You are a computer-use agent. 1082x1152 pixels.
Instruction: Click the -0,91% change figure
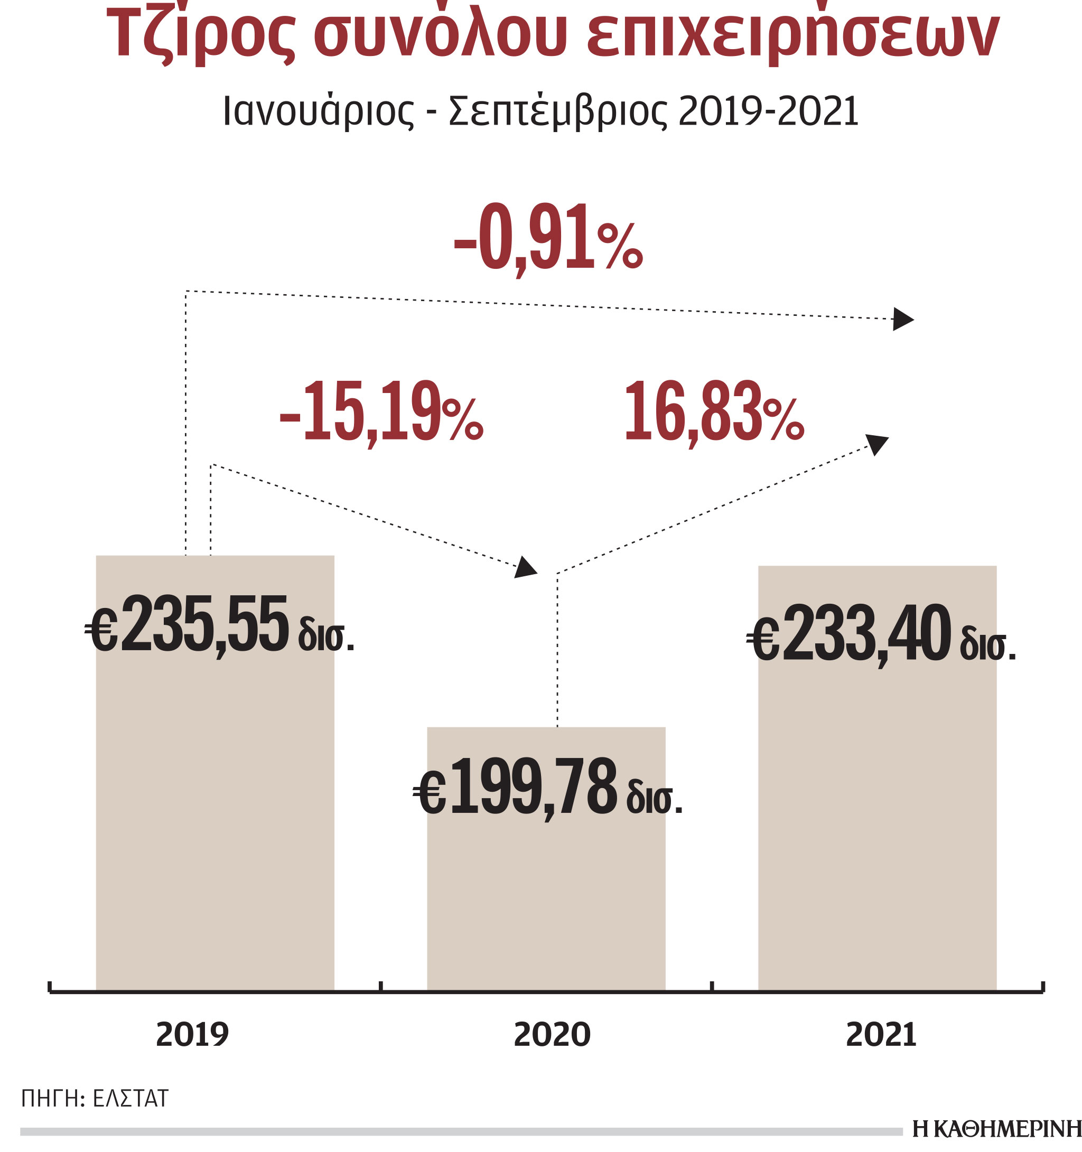548,238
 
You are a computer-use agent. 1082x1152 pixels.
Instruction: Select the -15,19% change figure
381,412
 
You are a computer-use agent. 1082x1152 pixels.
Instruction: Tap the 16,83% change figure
714,412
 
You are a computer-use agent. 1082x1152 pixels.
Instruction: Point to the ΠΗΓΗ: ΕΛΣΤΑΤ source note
95,1099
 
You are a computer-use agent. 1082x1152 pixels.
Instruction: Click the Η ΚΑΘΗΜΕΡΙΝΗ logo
996,1129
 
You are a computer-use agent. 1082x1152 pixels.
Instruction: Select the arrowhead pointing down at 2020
525,567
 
